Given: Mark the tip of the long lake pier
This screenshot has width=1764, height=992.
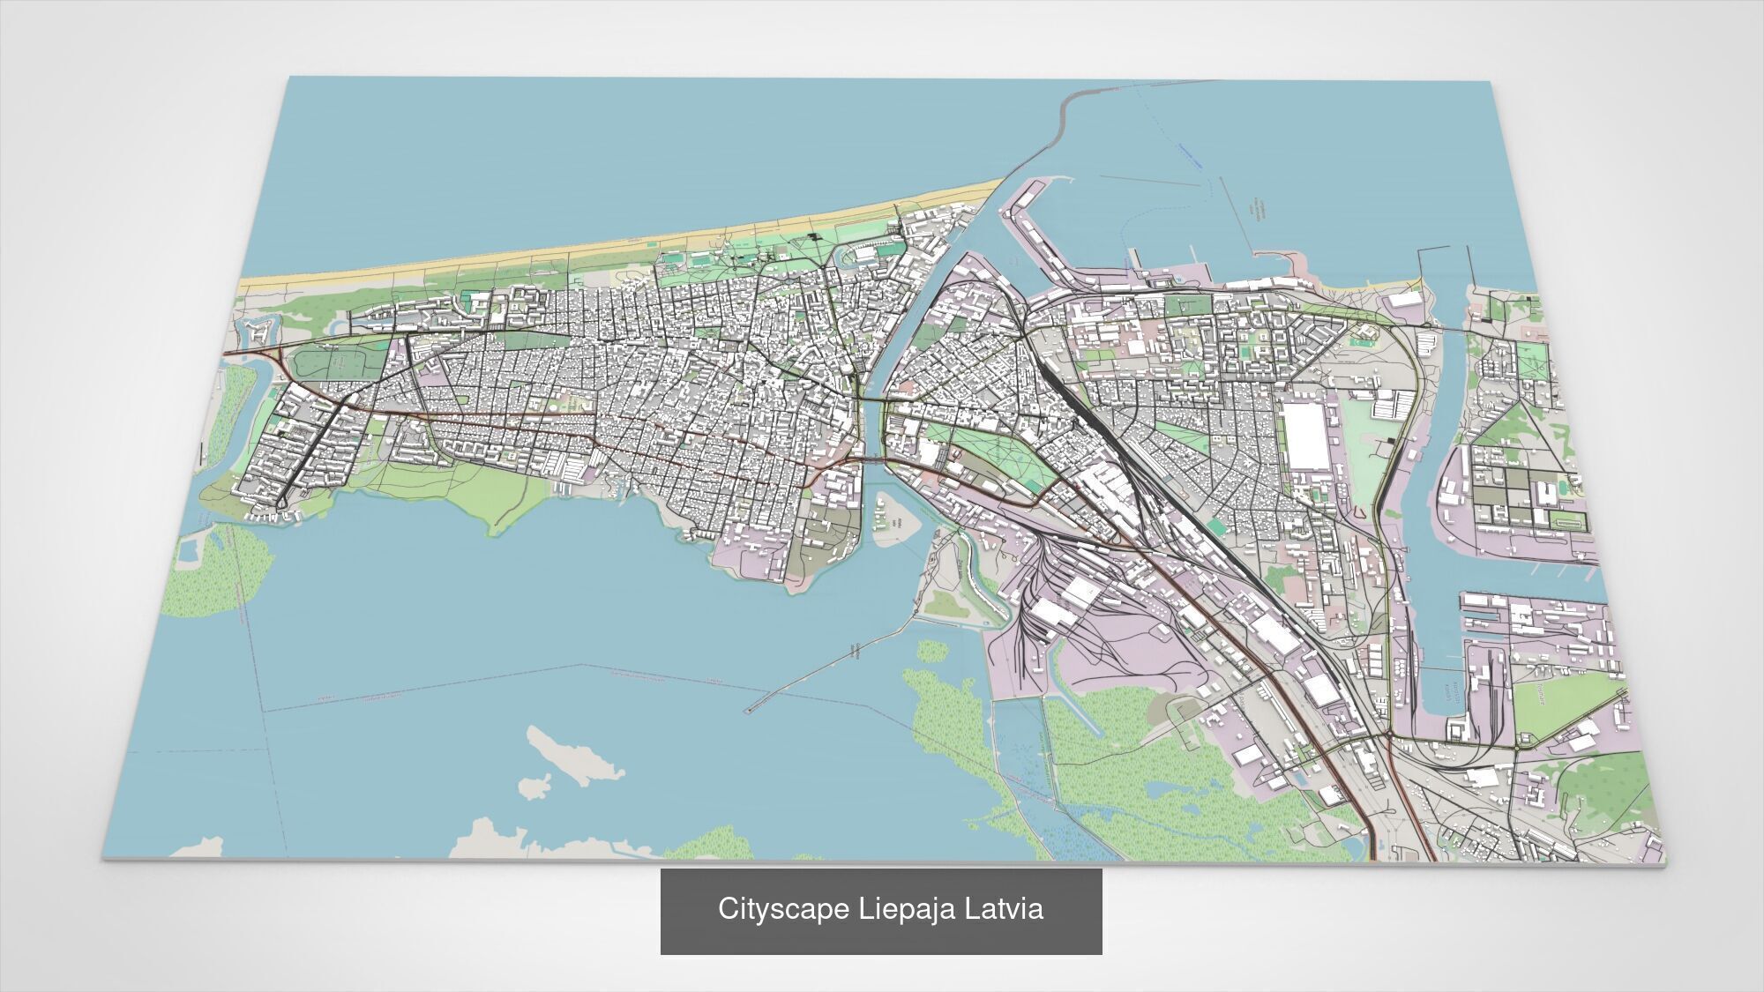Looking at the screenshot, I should click(x=748, y=709).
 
